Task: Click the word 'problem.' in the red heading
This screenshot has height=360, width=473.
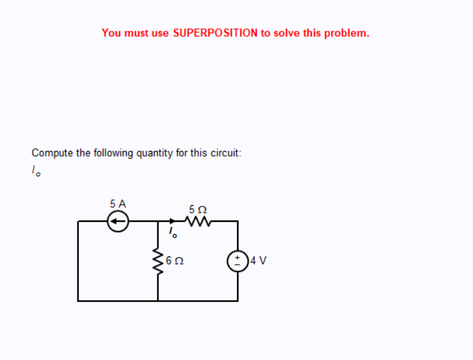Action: tap(346, 33)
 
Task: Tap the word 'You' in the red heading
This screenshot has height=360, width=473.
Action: tap(111, 33)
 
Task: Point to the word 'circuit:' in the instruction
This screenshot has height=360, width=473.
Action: tap(224, 153)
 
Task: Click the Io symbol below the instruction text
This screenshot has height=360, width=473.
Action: tap(36, 171)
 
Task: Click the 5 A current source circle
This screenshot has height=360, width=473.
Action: tap(118, 221)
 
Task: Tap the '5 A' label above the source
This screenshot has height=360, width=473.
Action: tap(118, 203)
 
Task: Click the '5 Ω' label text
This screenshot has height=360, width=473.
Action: tap(198, 208)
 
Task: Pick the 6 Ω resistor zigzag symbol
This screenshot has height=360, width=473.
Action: tap(157, 261)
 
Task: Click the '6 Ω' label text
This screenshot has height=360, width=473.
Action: tap(174, 261)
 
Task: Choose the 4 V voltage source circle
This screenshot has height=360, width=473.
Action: tap(238, 261)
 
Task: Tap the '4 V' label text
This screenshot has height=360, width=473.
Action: tap(259, 261)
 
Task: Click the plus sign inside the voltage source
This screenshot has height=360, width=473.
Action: tap(238, 257)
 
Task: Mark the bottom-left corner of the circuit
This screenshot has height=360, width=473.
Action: tap(79, 300)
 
